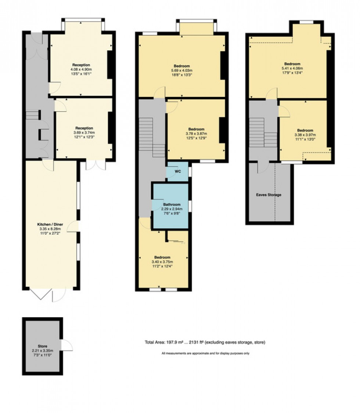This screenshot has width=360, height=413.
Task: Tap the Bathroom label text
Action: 172,204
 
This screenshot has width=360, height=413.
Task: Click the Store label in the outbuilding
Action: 43,346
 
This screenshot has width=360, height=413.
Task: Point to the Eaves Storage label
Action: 269,195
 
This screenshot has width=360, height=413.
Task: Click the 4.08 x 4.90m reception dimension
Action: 81,69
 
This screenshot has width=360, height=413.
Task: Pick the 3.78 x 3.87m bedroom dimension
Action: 197,134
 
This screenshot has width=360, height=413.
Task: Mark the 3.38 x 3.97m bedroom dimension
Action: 305,135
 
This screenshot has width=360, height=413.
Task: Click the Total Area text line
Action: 205,343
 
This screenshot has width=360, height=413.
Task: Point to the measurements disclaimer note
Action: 205,354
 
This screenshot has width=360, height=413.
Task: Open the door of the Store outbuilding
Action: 67,345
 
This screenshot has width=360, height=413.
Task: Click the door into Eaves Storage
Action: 261,167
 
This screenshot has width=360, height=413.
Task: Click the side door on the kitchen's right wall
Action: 75,226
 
